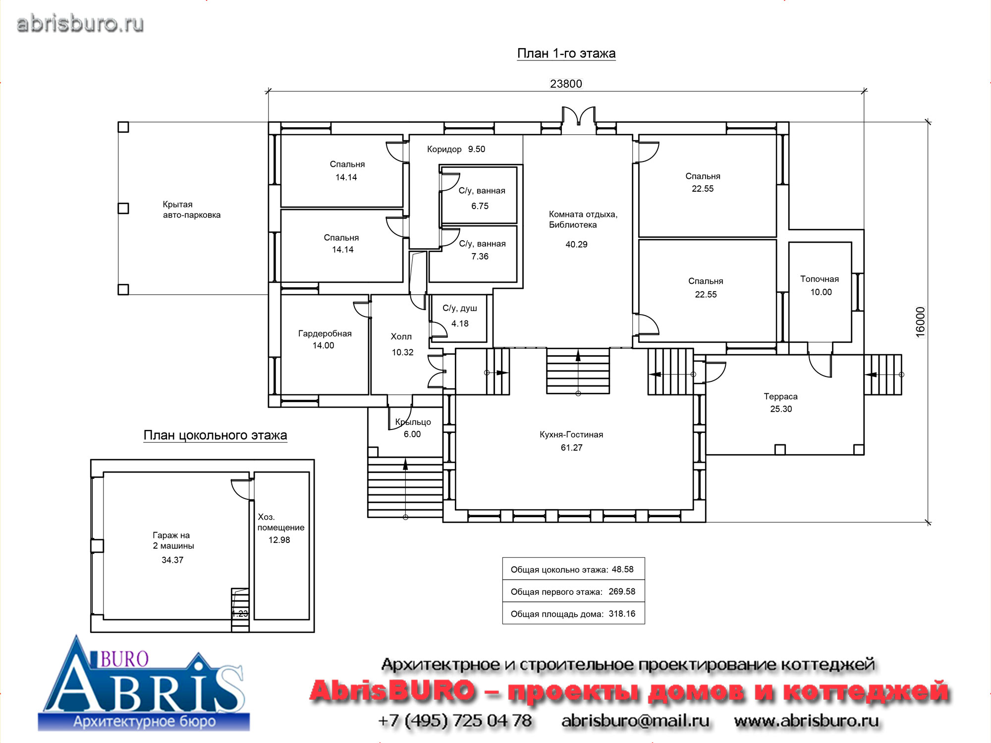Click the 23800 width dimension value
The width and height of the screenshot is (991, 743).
pos(566,84)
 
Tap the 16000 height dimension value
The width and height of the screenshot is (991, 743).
pos(920,322)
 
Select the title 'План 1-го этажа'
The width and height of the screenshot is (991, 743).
pos(566,53)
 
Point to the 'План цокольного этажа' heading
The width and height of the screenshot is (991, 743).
pos(215,435)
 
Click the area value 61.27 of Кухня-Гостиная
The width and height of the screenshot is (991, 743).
pos(571,448)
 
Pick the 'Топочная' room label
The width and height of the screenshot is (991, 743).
pos(820,279)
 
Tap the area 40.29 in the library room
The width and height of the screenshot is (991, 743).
pos(576,244)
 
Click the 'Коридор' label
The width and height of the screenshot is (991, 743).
pos(444,150)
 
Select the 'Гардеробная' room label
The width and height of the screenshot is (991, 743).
pos(325,334)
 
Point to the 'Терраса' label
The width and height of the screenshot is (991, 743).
pos(780,397)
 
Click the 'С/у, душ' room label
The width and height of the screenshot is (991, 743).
pos(460,308)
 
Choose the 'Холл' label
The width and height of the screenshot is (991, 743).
pos(401,337)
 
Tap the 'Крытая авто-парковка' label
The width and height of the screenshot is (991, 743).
pos(191,210)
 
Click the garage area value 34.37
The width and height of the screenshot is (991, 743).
pos(172,560)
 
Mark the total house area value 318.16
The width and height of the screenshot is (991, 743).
pos(622,614)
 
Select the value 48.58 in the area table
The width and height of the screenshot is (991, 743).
pos(622,570)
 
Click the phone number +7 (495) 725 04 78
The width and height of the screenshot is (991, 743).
pos(455,721)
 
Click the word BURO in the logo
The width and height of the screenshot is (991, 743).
pos(124,659)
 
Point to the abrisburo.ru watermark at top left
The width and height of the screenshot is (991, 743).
pos(80,24)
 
